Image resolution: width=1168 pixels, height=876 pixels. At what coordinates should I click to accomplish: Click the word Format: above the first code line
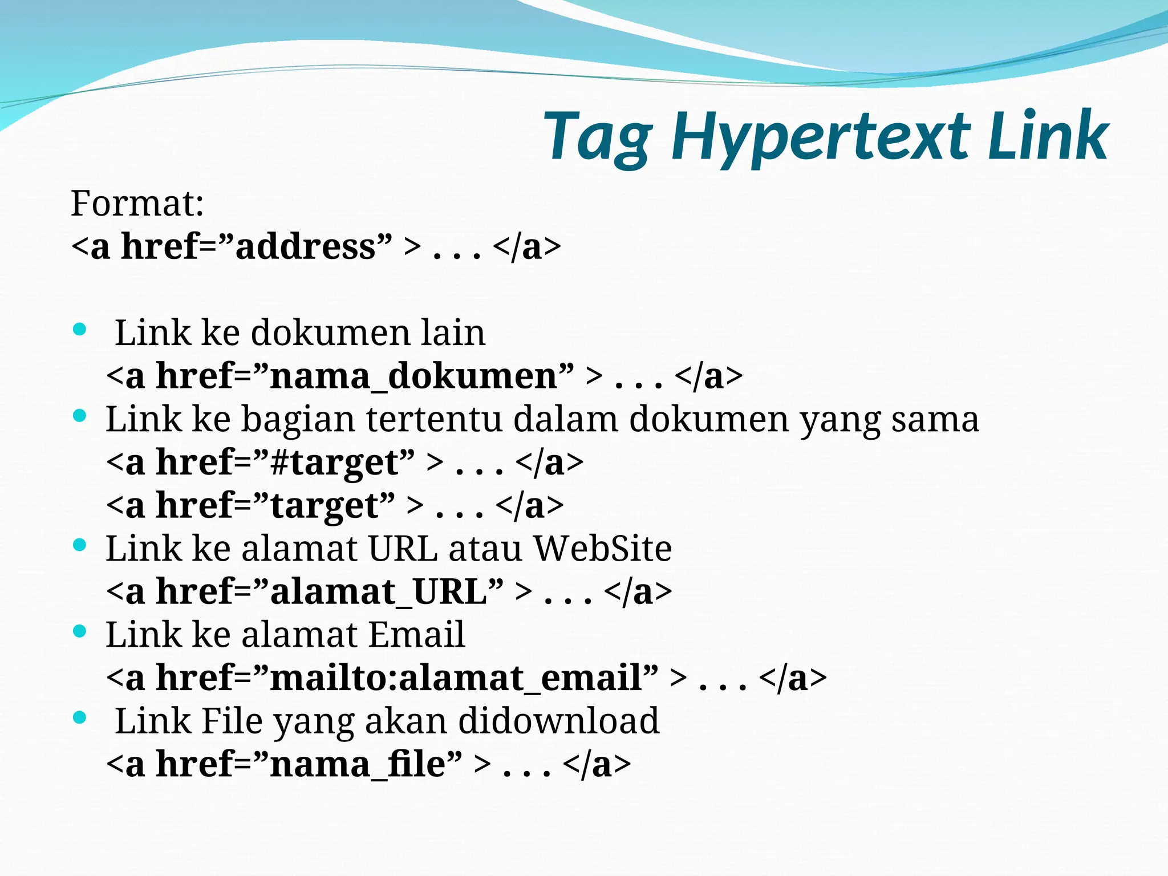pos(137,203)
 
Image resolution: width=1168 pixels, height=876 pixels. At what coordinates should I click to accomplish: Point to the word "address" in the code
pos(306,246)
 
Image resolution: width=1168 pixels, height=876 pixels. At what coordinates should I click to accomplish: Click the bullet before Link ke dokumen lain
pos(80,329)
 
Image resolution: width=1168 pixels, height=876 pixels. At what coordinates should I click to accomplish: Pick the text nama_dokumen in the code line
pos(414,376)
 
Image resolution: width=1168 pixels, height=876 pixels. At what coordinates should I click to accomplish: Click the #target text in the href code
pos(334,463)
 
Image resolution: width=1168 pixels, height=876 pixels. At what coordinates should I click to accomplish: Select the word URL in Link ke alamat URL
pos(403,549)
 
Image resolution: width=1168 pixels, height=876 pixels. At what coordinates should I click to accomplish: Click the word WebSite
pos(602,549)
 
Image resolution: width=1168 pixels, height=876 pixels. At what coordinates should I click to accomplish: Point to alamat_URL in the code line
pos(379,592)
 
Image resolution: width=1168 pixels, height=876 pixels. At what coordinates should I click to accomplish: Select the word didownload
pos(558,721)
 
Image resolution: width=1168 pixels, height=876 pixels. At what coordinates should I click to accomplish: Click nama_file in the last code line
pos(357,765)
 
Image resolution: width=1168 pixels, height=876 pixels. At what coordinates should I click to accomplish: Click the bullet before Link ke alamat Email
pos(80,631)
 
